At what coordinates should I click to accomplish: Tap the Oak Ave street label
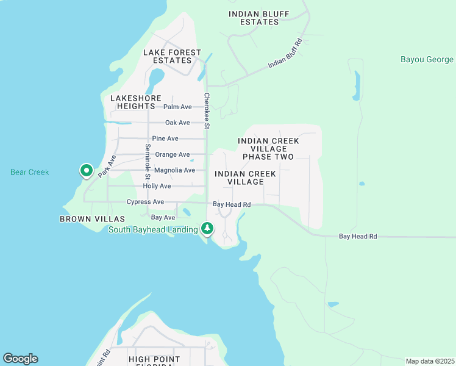click(x=177, y=123)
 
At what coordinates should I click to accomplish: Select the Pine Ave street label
click(x=165, y=138)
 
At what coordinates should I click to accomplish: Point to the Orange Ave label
click(x=173, y=154)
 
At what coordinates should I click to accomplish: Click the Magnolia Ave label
click(x=174, y=170)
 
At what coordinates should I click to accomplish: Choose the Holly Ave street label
click(x=157, y=186)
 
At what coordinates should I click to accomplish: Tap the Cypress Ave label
click(x=145, y=202)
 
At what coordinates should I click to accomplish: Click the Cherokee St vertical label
click(x=207, y=110)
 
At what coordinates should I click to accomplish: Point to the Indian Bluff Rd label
click(x=285, y=54)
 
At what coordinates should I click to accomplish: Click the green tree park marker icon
click(x=208, y=229)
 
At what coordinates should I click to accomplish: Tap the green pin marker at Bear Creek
click(x=86, y=171)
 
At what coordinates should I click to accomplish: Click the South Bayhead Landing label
click(x=153, y=229)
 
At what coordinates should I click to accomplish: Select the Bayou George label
click(x=427, y=60)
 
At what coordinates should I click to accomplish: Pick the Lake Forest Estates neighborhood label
click(x=172, y=57)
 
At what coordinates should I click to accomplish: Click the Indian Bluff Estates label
click(x=259, y=18)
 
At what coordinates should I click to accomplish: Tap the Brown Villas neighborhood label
click(x=92, y=218)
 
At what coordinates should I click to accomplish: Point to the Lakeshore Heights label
click(x=135, y=102)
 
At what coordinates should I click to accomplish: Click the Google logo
click(x=20, y=359)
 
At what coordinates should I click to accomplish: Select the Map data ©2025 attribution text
click(x=430, y=361)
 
